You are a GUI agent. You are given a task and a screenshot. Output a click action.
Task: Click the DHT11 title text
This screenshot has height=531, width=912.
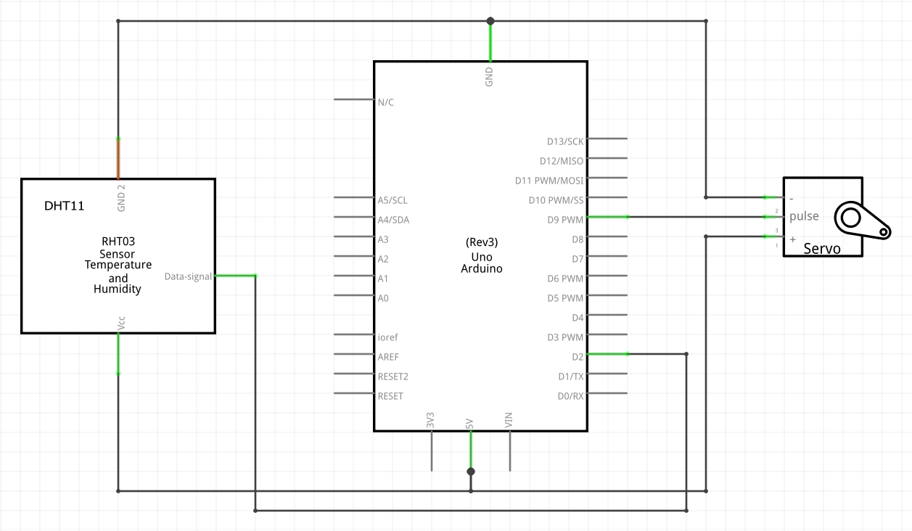pyautogui.click(x=64, y=206)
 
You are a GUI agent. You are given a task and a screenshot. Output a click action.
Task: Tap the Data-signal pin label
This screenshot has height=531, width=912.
pyautogui.click(x=188, y=276)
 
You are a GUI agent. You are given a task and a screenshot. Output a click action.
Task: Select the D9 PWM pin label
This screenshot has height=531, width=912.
pyautogui.click(x=565, y=220)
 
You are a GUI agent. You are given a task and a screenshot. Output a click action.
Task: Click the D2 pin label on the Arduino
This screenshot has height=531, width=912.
pyautogui.click(x=578, y=357)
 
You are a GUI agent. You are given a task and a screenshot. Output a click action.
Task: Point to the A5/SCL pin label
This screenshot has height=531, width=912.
pyautogui.click(x=393, y=200)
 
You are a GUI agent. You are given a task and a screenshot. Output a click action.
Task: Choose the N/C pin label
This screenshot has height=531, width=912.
pyautogui.click(x=385, y=102)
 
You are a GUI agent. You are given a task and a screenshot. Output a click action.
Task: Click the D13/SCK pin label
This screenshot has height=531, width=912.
pyautogui.click(x=565, y=141)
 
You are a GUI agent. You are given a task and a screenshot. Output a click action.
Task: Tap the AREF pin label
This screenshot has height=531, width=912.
pyautogui.click(x=388, y=357)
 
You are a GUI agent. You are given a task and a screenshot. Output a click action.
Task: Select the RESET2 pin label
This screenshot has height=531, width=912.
pyautogui.click(x=393, y=376)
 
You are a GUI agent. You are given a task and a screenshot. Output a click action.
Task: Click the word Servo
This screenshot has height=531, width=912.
pyautogui.click(x=821, y=248)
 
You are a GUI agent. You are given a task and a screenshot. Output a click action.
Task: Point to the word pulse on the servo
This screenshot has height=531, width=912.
pyautogui.click(x=804, y=216)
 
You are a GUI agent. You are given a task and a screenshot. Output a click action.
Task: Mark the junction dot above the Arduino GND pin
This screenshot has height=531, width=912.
pyautogui.click(x=490, y=21)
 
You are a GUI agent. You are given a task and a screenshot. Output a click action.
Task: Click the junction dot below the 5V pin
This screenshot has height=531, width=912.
pyautogui.click(x=471, y=472)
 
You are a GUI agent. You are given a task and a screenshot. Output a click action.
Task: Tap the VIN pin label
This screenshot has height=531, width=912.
pyautogui.click(x=509, y=420)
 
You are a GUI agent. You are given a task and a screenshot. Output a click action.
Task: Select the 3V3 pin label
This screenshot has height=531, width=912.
pyautogui.click(x=430, y=420)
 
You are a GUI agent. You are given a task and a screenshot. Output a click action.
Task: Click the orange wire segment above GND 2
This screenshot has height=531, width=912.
pyautogui.click(x=118, y=159)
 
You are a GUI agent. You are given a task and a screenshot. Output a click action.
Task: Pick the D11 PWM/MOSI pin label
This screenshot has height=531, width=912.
pyautogui.click(x=549, y=181)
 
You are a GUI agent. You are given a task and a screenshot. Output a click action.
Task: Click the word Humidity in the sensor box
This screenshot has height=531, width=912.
pyautogui.click(x=118, y=289)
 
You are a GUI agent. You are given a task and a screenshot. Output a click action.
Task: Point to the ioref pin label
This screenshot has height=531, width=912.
pyautogui.click(x=387, y=337)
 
